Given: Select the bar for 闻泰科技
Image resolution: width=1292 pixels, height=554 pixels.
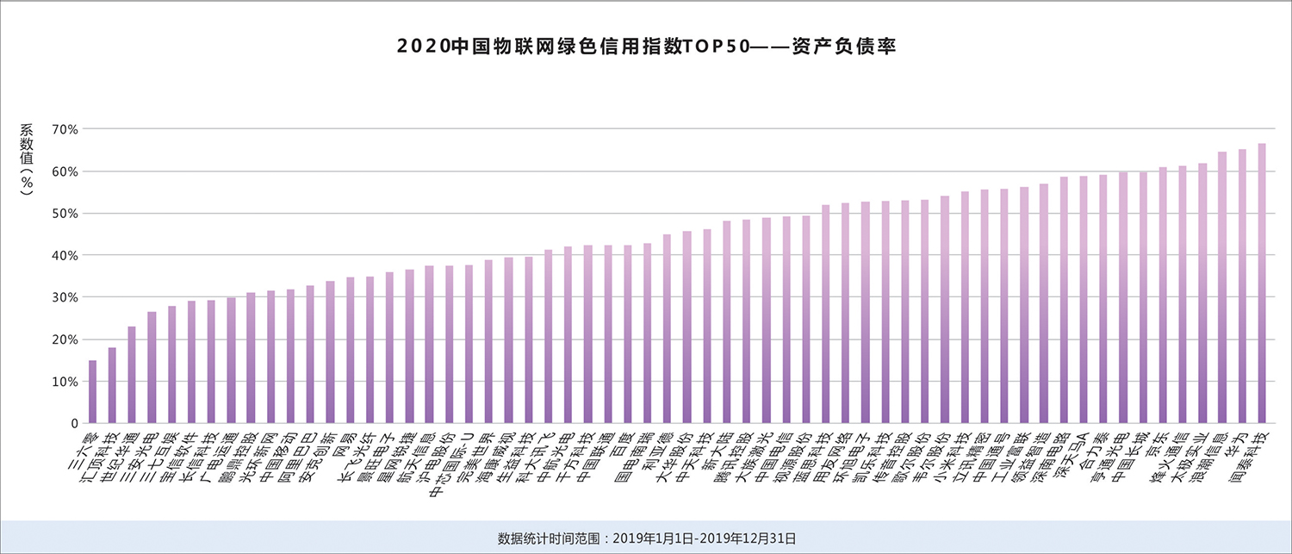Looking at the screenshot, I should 1262,284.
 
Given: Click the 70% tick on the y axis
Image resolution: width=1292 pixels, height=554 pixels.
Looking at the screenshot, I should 65,129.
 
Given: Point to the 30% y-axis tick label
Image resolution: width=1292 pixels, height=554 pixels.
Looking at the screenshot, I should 65,297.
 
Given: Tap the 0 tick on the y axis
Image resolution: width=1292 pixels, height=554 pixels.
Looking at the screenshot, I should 73,424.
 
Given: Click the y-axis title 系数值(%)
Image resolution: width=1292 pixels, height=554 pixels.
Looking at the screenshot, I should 28,159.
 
